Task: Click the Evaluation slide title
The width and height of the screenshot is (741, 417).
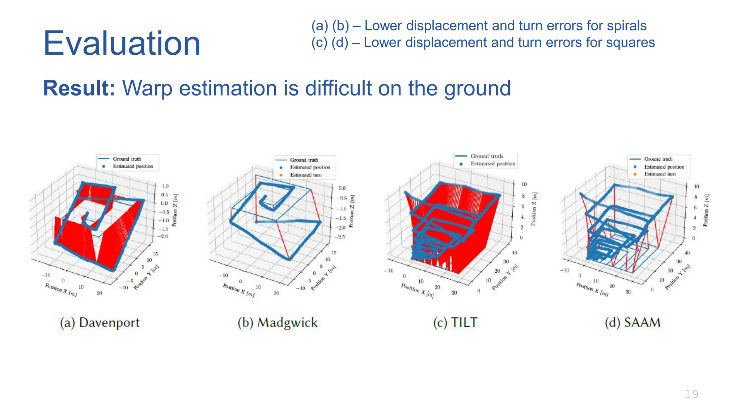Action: pos(122,43)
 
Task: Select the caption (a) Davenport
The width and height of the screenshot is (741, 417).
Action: pos(100,323)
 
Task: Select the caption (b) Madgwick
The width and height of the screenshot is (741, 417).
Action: pos(278,323)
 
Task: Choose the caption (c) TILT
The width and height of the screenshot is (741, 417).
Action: pos(456,323)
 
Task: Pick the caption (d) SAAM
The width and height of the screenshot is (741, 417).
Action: pos(632,323)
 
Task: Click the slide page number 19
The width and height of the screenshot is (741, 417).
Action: pos(691,394)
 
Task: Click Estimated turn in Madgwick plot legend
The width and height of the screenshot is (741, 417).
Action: pos(306,175)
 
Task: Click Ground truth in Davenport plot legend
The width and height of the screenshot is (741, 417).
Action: pos(127,159)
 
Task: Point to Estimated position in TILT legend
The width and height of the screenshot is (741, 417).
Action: pos(493,164)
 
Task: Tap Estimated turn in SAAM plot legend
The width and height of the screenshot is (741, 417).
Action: pos(660,174)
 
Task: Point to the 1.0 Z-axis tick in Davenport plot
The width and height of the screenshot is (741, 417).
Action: pos(165,186)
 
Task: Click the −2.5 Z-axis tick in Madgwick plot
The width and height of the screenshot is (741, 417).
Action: pos(341,237)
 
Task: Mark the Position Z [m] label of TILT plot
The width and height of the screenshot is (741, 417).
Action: pos(534,209)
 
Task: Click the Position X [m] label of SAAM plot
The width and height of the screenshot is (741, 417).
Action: pos(592,290)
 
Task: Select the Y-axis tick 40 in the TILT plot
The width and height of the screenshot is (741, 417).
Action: pos(514,253)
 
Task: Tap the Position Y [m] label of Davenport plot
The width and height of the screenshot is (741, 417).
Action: pos(146,278)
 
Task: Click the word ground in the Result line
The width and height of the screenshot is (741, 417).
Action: pos(477,88)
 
